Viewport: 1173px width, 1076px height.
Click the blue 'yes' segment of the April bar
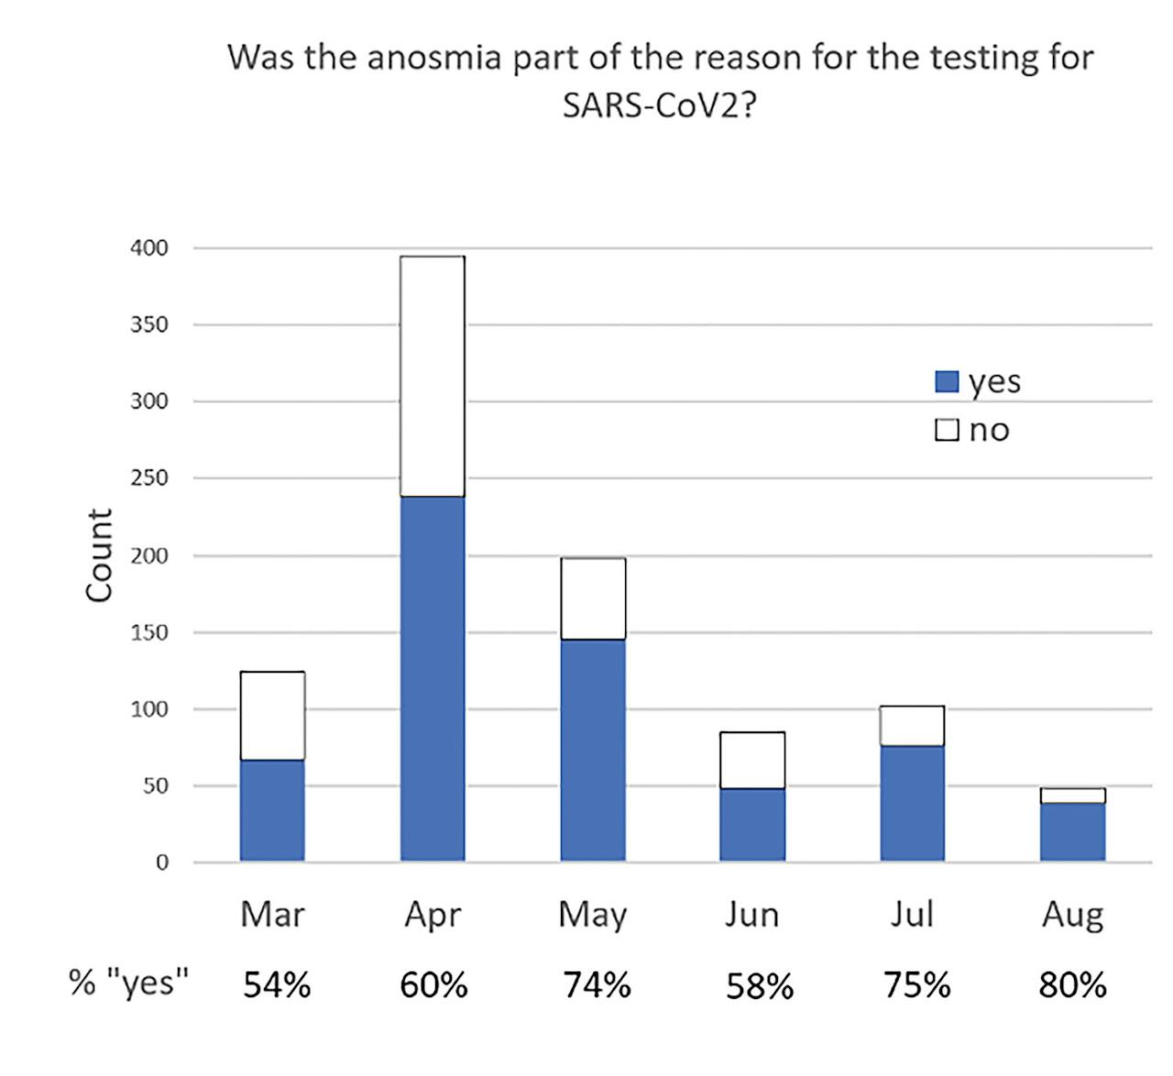pos(433,678)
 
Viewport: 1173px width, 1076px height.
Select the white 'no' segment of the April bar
pos(433,376)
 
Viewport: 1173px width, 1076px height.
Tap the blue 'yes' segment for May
pos(593,750)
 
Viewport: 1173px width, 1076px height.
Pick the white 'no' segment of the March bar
pos(272,716)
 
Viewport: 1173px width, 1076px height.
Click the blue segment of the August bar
pos(1072,832)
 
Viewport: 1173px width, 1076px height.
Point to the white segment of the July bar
pos(912,726)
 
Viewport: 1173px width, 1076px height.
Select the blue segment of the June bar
pos(752,824)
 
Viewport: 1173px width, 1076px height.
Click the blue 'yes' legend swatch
pos(947,381)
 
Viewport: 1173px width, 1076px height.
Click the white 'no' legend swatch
pos(947,429)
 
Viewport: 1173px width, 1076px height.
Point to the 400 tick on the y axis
pos(148,247)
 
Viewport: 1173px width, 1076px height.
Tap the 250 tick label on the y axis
pos(148,478)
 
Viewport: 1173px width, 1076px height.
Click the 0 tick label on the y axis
pos(161,862)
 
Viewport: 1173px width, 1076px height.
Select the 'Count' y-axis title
pos(99,555)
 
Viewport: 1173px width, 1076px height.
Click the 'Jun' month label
pos(752,915)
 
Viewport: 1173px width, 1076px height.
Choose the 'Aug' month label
pos(1072,915)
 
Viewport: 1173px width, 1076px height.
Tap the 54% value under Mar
pos(277,985)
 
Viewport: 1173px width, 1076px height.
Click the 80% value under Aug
pos(1072,985)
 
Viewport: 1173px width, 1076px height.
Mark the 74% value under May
pos(597,985)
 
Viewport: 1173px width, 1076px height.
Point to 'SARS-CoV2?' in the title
pos(659,105)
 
